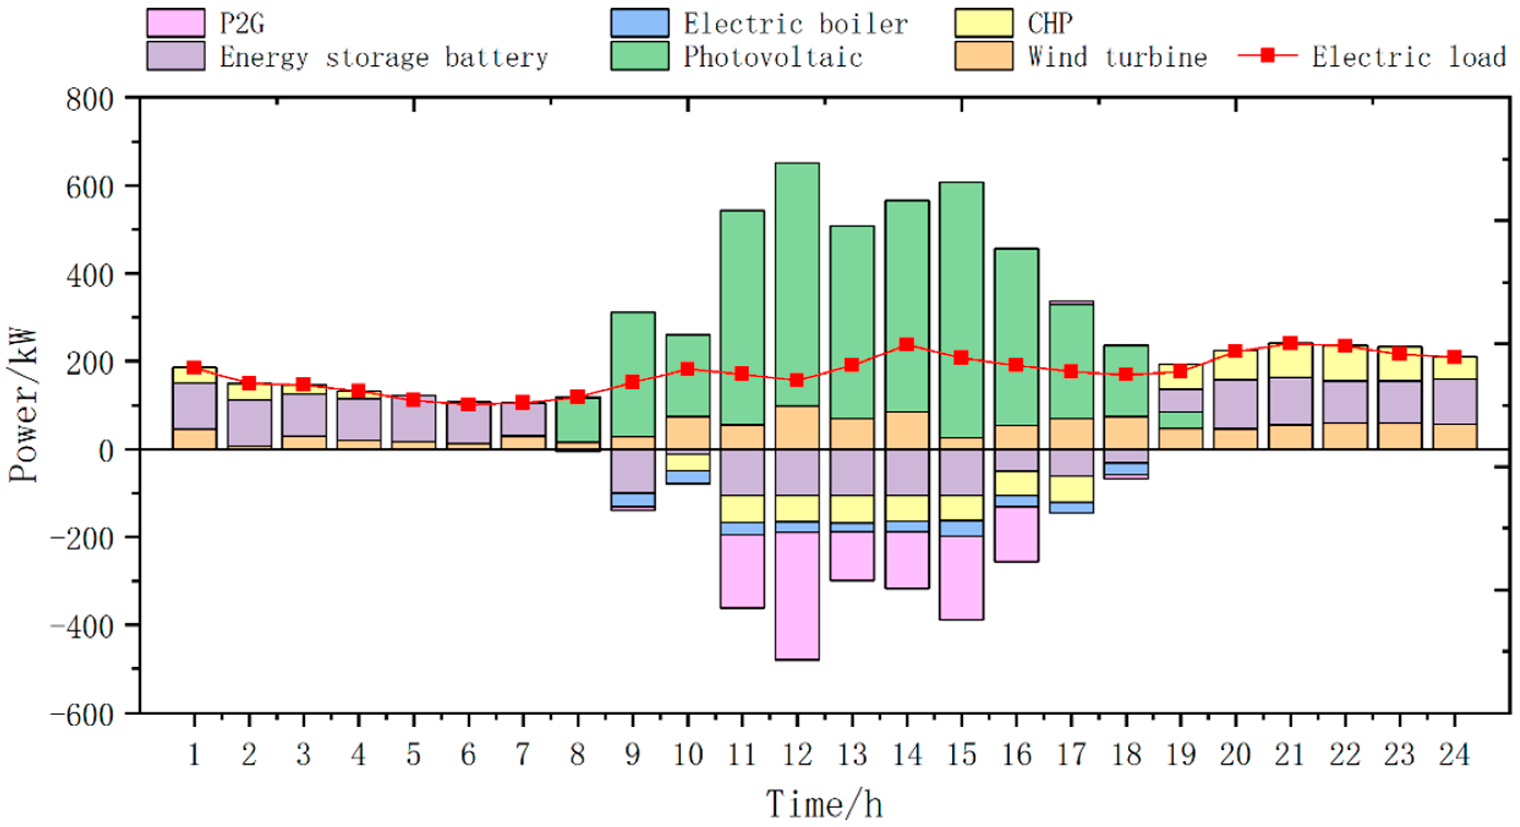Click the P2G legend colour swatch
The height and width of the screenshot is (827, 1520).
(176, 23)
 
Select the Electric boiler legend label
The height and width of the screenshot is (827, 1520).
(795, 24)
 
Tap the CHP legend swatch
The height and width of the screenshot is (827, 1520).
(983, 23)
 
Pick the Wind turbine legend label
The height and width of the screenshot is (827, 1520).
(1117, 57)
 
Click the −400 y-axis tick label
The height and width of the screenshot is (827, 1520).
(82, 626)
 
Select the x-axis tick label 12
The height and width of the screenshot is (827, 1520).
(797, 755)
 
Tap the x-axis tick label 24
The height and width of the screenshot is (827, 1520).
(1454, 755)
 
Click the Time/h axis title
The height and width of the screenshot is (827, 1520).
(824, 805)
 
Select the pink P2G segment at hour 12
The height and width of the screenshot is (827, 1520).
(797, 596)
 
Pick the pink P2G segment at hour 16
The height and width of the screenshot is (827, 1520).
(1016, 534)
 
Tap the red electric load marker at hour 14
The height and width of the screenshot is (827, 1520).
(907, 344)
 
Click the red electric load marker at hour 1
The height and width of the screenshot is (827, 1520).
(194, 368)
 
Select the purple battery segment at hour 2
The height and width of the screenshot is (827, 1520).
(249, 422)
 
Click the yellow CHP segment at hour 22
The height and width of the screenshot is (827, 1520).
(1345, 363)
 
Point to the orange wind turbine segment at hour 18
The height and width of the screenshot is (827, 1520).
(1126, 433)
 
